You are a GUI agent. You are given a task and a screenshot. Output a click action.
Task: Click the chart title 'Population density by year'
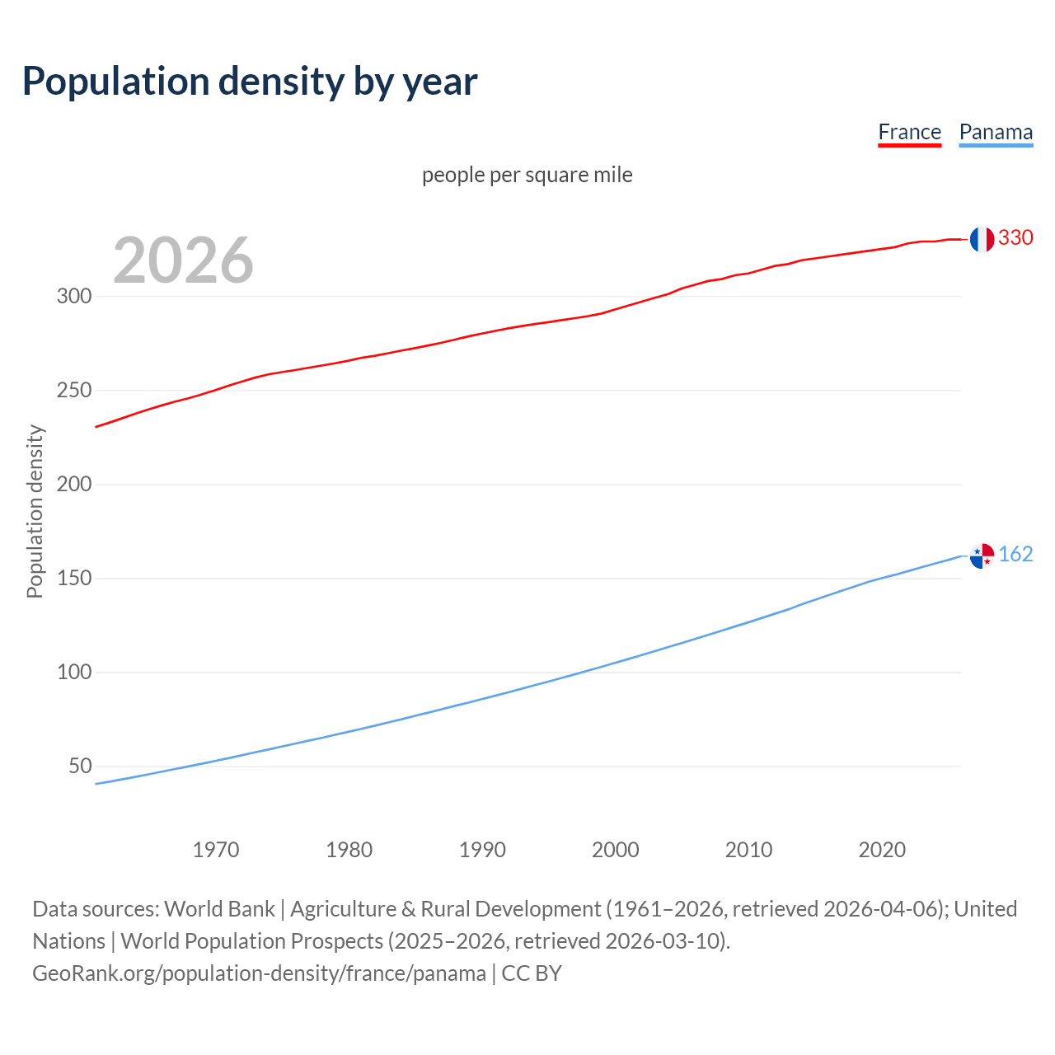(250, 82)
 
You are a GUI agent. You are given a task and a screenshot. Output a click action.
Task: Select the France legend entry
(909, 133)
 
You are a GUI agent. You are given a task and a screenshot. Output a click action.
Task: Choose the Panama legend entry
(996, 133)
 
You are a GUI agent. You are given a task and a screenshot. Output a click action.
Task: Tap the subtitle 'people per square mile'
(527, 175)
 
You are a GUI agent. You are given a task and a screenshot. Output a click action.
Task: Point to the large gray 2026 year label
(183, 260)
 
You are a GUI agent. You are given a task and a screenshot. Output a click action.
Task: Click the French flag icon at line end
(981, 239)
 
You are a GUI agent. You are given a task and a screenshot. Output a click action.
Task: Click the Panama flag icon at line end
(981, 556)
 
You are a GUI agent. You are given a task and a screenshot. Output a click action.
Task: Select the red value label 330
(1015, 238)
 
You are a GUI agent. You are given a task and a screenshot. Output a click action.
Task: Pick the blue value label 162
(1015, 555)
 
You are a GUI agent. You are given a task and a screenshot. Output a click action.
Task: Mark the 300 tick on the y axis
(74, 297)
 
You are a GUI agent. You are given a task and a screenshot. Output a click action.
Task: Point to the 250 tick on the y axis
(74, 391)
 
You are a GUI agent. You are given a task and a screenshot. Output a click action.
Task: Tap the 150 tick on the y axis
(74, 579)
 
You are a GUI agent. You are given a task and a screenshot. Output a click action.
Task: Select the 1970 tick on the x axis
(216, 850)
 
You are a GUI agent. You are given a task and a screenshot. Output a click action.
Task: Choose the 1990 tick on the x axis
(482, 850)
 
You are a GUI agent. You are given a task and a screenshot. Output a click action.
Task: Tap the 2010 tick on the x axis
(748, 850)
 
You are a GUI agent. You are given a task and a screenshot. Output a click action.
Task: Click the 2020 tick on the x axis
(882, 850)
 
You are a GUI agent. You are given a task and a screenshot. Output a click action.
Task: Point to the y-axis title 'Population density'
(35, 511)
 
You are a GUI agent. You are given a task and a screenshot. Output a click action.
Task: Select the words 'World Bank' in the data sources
(219, 909)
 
